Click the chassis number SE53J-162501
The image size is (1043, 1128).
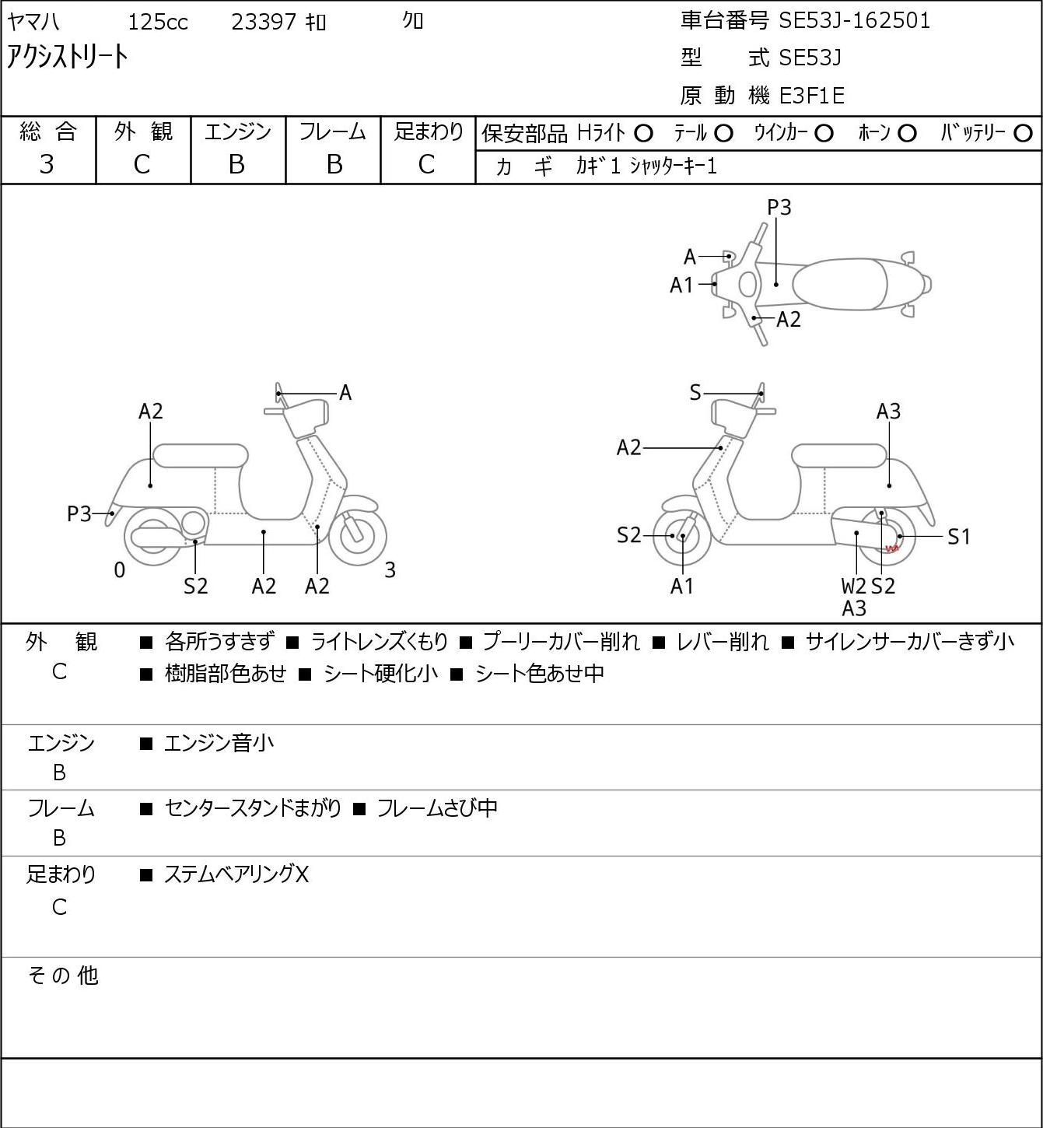click(x=854, y=21)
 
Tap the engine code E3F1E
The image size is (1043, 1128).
click(x=812, y=96)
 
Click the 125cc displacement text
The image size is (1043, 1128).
click(x=158, y=22)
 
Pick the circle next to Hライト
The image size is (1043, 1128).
click(x=643, y=134)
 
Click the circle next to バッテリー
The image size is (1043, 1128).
click(x=1023, y=134)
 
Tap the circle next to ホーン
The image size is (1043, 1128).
click(x=907, y=134)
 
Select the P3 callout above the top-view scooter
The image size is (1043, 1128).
click(x=779, y=207)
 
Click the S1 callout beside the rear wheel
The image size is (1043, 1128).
click(x=959, y=537)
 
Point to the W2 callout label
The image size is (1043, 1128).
click(x=853, y=586)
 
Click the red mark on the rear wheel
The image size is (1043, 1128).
click(x=892, y=548)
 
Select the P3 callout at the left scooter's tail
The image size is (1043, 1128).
click(x=79, y=514)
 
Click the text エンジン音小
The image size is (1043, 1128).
click(x=219, y=743)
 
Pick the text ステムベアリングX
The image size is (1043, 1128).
click(x=236, y=874)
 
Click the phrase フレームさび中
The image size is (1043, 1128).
click(x=437, y=807)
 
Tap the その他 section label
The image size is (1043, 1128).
click(x=63, y=976)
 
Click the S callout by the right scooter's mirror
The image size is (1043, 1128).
click(x=695, y=393)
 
